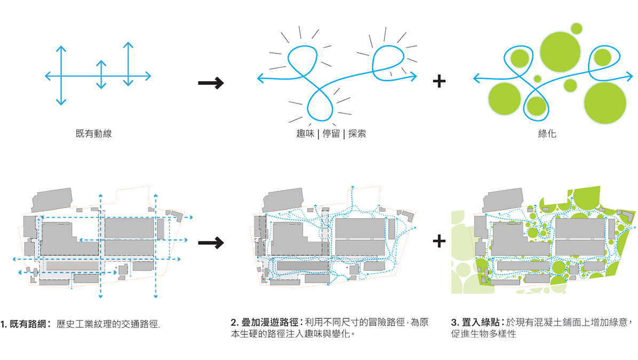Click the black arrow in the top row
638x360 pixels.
coord(210,83)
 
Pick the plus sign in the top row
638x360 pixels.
coord(438,82)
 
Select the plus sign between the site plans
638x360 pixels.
coord(438,242)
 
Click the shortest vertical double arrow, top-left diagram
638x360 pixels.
coord(101,75)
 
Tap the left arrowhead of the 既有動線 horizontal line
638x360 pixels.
coord(47,76)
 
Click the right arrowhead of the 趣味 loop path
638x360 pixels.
coord(414,78)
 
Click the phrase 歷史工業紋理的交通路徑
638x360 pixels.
coord(108,324)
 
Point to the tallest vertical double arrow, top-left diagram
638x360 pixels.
coord(61,75)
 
